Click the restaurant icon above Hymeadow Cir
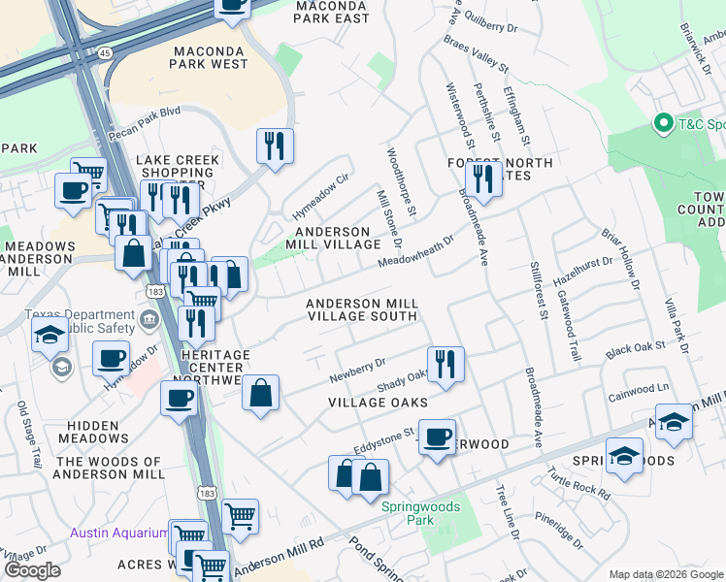[275, 146]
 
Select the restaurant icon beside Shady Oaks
[445, 365]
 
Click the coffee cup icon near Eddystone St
[437, 436]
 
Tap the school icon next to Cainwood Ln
[674, 422]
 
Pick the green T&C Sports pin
[664, 124]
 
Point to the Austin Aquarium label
[119, 533]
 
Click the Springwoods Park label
[419, 513]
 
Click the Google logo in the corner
[33, 570]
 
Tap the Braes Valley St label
[477, 54]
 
